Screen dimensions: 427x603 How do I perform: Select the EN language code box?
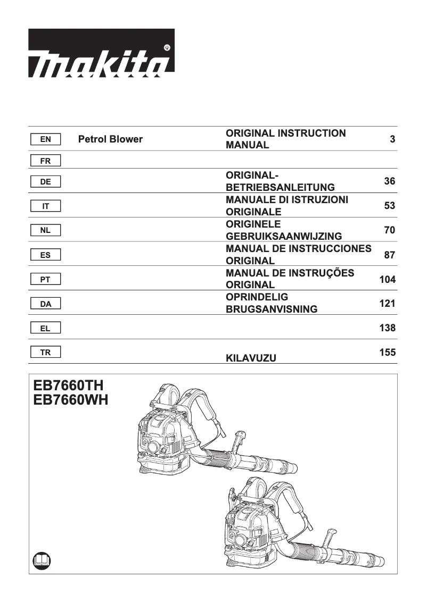click(x=46, y=139)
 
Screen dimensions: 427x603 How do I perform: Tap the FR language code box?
click(x=46, y=160)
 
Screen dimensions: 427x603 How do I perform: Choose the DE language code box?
click(x=46, y=181)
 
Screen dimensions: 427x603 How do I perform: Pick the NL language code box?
click(x=46, y=230)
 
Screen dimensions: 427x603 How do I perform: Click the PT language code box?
click(x=46, y=279)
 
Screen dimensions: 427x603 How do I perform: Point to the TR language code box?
click(x=46, y=351)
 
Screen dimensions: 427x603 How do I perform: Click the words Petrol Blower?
click(x=110, y=139)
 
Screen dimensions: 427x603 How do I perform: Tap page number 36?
click(x=390, y=181)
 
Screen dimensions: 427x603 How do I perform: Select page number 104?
click(x=387, y=279)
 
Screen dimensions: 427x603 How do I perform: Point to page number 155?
click(x=387, y=352)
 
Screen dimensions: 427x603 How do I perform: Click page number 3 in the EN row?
click(x=392, y=139)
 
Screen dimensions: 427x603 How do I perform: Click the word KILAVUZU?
click(x=251, y=359)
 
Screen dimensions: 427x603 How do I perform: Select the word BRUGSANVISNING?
click(x=272, y=309)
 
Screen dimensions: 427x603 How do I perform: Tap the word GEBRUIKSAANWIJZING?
click(x=284, y=236)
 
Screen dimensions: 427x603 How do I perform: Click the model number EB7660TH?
click(x=68, y=386)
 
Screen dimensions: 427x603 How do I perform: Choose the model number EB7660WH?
click(x=70, y=399)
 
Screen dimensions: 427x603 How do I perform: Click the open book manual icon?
click(x=42, y=559)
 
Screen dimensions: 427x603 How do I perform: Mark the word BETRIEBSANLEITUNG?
click(x=280, y=187)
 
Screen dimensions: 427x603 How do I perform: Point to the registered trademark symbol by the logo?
click(x=167, y=47)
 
